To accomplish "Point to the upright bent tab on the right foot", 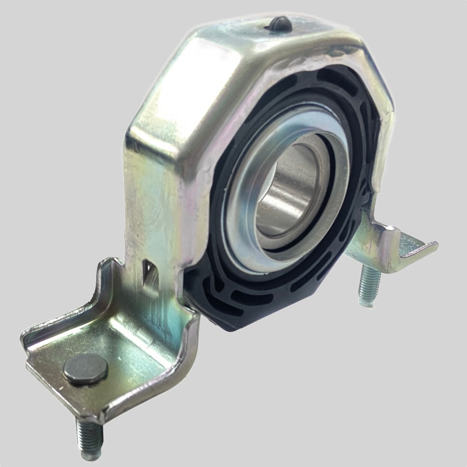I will point(383,238).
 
